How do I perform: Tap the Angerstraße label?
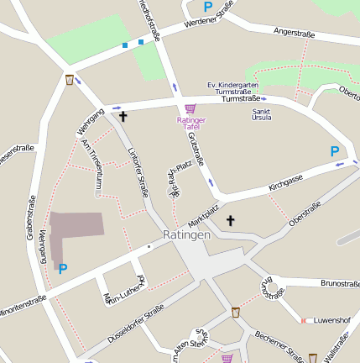click(294, 34)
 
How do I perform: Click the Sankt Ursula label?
click(261, 113)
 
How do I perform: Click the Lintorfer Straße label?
click(138, 171)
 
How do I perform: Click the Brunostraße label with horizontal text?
click(340, 284)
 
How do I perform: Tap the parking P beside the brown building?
click(62, 269)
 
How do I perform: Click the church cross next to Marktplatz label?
click(230, 220)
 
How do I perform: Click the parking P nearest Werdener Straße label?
click(207, 6)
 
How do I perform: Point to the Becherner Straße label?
click(279, 345)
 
